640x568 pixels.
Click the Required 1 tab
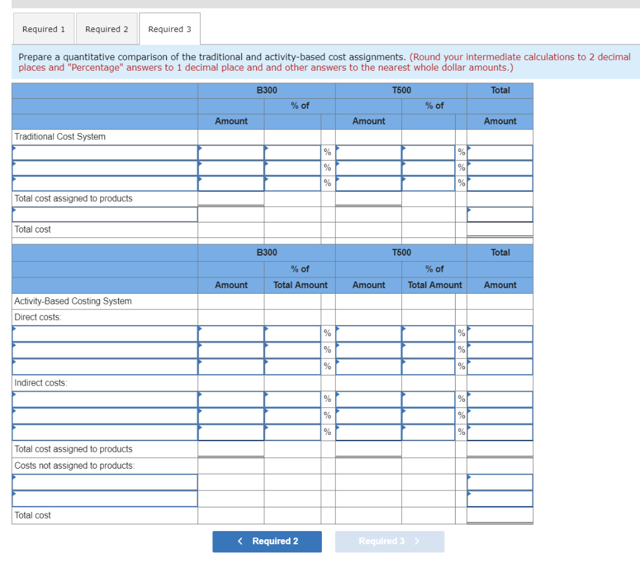pyautogui.click(x=43, y=29)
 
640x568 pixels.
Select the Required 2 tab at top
pyautogui.click(x=106, y=29)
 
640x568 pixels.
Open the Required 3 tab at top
pyautogui.click(x=169, y=29)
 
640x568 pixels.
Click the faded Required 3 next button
pyautogui.click(x=389, y=541)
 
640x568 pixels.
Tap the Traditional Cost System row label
pyautogui.click(x=60, y=136)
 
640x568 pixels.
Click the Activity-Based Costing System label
pyautogui.click(x=73, y=301)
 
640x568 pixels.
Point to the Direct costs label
pyautogui.click(x=38, y=317)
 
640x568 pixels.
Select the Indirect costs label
pyautogui.click(x=41, y=383)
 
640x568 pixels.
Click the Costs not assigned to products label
pyautogui.click(x=74, y=466)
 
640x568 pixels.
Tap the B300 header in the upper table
pyautogui.click(x=267, y=91)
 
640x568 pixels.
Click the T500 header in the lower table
pyautogui.click(x=401, y=252)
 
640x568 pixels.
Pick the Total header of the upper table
pyautogui.click(x=500, y=91)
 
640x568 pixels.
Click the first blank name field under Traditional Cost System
pyautogui.click(x=105, y=152)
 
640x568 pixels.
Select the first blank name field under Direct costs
pyautogui.click(x=105, y=334)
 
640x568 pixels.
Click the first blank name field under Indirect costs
pyautogui.click(x=105, y=399)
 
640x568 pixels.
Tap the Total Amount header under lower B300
pyautogui.click(x=300, y=285)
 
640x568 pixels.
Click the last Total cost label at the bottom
pyautogui.click(x=32, y=516)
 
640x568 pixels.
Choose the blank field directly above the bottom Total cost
pyautogui.click(x=105, y=499)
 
